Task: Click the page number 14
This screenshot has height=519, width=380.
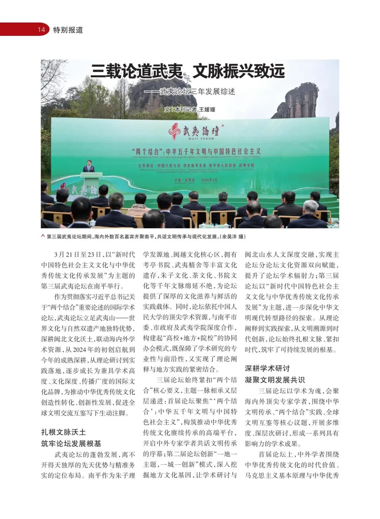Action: (42, 30)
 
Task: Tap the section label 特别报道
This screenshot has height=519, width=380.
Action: (68, 30)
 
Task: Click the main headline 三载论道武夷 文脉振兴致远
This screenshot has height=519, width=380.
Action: (187, 71)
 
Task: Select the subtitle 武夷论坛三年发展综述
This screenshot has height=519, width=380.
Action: (197, 91)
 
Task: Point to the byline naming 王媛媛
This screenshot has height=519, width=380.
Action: (190, 109)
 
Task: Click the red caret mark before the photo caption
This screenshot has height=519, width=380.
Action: (43, 236)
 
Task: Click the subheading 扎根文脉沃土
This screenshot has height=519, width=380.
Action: (63, 432)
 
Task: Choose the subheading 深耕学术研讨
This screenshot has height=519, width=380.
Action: (267, 368)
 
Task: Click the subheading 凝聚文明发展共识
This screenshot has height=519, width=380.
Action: (275, 380)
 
